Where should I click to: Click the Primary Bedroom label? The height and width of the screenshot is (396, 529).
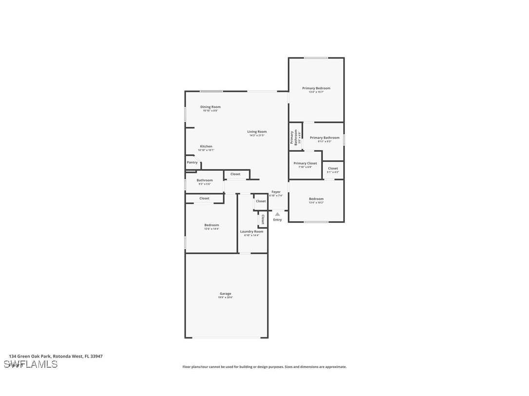(x=316, y=89)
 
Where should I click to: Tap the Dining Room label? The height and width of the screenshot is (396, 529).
(x=210, y=107)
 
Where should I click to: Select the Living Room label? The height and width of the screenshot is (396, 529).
(x=257, y=132)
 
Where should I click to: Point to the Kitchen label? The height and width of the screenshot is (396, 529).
(x=206, y=146)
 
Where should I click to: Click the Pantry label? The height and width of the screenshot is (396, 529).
(x=192, y=162)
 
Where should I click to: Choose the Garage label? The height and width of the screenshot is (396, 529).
(x=225, y=294)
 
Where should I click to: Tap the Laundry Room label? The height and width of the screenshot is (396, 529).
(x=252, y=232)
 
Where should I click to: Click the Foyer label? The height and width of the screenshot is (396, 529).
(x=276, y=192)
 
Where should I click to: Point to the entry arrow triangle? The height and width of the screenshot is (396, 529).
(x=277, y=214)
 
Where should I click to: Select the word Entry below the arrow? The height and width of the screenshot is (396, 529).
(x=277, y=220)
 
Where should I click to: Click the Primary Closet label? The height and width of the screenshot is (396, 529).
(x=305, y=163)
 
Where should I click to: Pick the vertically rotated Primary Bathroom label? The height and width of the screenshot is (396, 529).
(x=294, y=137)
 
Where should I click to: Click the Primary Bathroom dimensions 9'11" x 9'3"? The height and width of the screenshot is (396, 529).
(x=325, y=142)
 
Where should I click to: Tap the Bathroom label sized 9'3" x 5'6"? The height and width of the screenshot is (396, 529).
(x=205, y=180)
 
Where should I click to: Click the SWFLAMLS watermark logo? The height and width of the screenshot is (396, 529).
(x=31, y=364)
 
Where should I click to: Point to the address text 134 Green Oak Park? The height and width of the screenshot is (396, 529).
(x=30, y=356)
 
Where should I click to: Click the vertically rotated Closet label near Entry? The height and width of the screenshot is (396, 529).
(x=263, y=219)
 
